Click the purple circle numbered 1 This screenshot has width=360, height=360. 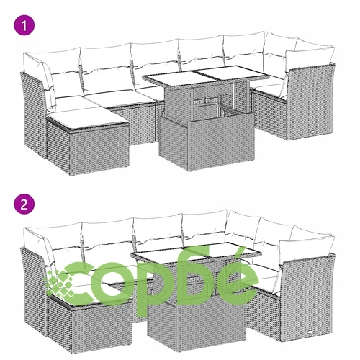[x=24, y=25]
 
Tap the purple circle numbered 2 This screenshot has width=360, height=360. [x=24, y=204]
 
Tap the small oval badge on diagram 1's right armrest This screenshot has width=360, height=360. [x=313, y=132]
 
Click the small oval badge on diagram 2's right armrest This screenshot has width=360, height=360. [x=310, y=333]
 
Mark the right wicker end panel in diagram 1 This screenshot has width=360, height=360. [x=311, y=101]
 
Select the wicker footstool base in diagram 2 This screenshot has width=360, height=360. [x=90, y=326]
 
